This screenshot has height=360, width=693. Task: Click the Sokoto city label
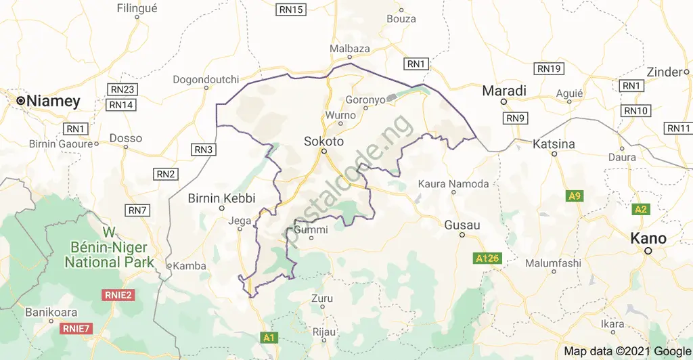[323, 141]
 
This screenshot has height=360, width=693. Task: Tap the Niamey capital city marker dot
[21, 101]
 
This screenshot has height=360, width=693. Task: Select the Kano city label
[648, 238]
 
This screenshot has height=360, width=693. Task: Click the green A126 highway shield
[488, 258]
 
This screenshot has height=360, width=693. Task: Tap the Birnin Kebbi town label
[221, 198]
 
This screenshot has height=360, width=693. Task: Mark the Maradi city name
[504, 90]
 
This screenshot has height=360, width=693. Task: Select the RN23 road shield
[122, 89]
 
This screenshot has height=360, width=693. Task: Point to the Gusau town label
[462, 224]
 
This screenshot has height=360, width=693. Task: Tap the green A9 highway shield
[574, 196]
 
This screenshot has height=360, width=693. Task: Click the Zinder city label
[663, 72]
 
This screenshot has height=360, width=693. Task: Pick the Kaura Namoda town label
[453, 184]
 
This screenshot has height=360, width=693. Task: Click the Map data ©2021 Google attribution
[627, 351]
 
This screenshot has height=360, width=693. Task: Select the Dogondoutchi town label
[202, 80]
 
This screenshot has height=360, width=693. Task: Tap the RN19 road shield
[549, 69]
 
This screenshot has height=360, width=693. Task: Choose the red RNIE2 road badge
[118, 294]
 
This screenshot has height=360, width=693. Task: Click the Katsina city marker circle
[554, 154]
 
